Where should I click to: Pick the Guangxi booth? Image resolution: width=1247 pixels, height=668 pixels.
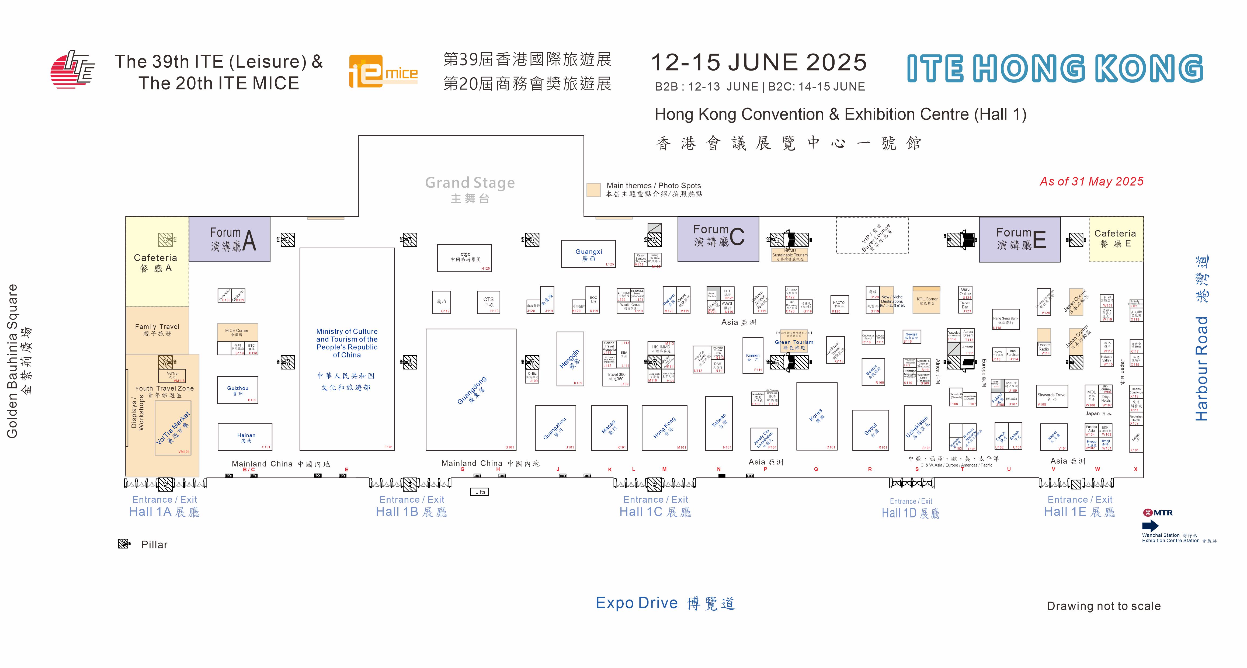pyautogui.click(x=588, y=254)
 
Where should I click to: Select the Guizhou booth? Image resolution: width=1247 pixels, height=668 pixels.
pyautogui.click(x=237, y=390)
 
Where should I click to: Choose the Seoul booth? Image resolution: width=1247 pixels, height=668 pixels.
pyautogui.click(x=870, y=430)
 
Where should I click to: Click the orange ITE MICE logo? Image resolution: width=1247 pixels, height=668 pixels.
pyautogui.click(x=383, y=73)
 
